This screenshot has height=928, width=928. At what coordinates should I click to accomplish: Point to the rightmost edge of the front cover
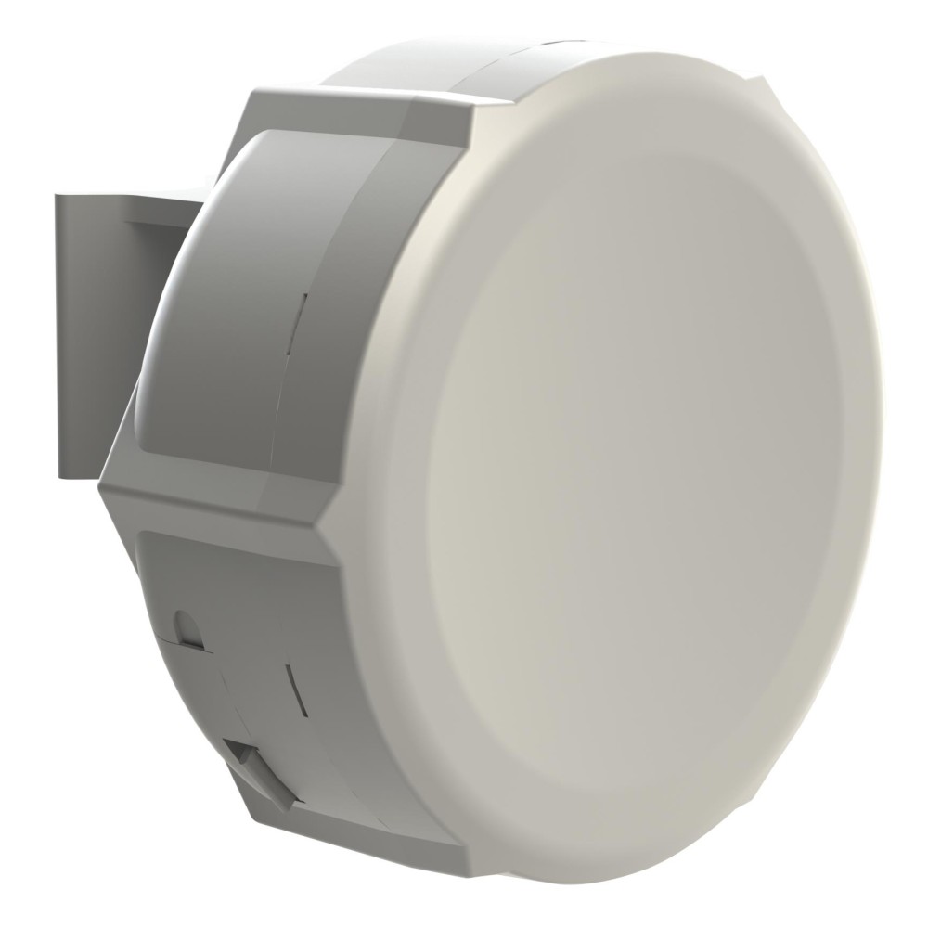[880, 445]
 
